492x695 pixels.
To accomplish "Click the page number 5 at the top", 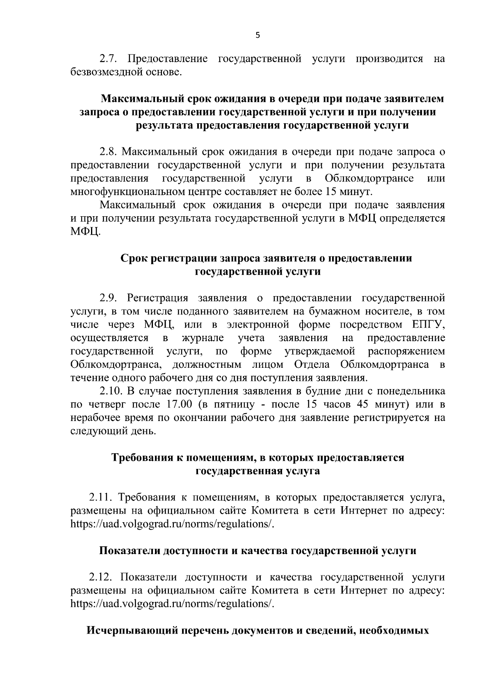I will pyautogui.click(x=257, y=35).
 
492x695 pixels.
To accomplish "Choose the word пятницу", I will pyautogui.click(x=229, y=405).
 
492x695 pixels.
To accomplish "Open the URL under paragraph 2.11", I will pyautogui.click(x=172, y=524).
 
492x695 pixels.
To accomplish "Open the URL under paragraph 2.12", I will pyautogui.click(x=172, y=604).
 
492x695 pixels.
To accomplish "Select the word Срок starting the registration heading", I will pyautogui.click(x=134, y=258).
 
